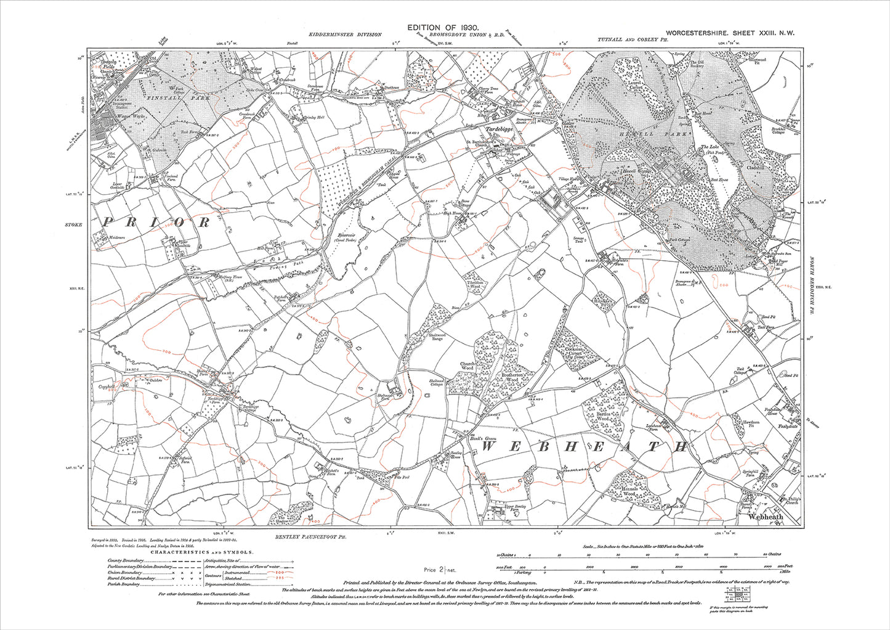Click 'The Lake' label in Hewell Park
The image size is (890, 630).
coord(711,148)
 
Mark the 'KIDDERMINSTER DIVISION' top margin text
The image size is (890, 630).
coord(345,36)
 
